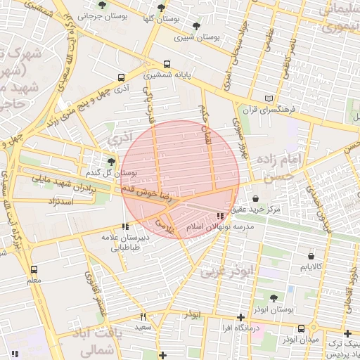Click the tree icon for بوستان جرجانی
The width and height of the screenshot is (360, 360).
click(103, 6)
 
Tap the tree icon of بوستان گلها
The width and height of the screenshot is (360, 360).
click(162, 8)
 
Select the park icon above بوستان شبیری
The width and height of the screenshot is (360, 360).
click(195, 26)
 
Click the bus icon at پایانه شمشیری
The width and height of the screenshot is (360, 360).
click(167, 64)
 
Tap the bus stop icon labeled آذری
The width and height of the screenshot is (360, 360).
click(122, 78)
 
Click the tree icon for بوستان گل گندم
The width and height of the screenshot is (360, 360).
click(111, 161)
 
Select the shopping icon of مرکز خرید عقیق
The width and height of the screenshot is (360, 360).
click(255, 198)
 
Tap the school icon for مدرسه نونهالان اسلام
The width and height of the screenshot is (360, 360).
click(220, 217)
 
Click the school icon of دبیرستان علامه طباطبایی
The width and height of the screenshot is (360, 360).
click(126, 226)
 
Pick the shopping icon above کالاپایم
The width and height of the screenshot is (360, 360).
click(310, 257)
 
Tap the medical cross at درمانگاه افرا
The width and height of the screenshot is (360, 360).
click(241, 317)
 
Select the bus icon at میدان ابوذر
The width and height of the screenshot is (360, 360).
click(302, 328)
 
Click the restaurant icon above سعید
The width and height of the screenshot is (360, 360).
click(143, 316)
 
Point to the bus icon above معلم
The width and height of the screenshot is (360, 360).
click(34, 269)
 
